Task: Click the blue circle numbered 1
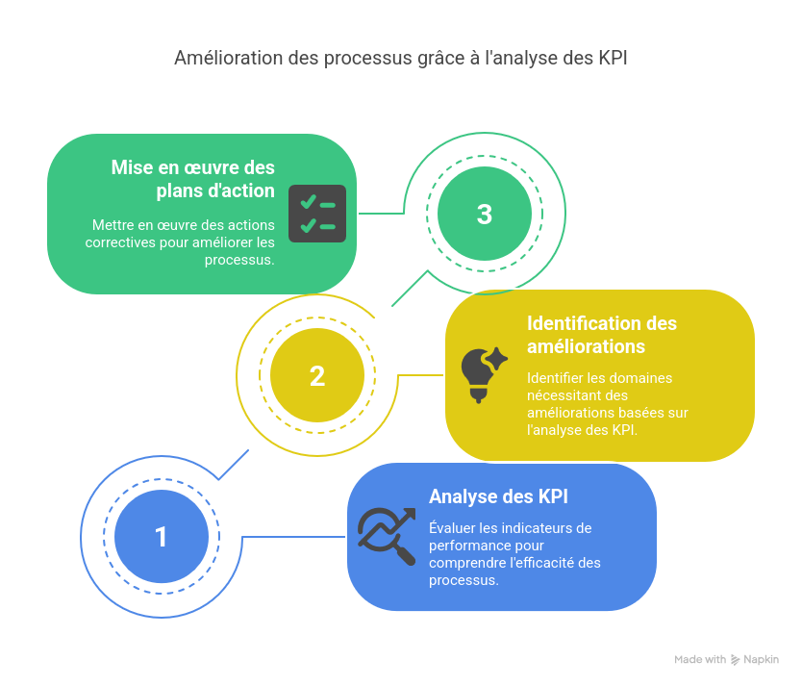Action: pos(162,537)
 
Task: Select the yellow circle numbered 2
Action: pos(317,375)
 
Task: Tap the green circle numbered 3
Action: pos(485,214)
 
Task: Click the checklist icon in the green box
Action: pos(317,214)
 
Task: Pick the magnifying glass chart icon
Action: pos(387,537)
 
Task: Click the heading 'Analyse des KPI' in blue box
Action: pos(498,496)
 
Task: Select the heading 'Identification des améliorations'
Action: pos(602,335)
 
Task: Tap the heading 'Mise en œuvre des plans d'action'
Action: pos(193,179)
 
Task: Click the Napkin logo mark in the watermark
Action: pos(735,660)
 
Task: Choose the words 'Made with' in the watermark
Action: pos(700,659)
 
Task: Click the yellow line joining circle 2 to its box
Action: pos(420,375)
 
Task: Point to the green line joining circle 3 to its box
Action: pos(382,214)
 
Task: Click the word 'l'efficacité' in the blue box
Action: pos(542,563)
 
